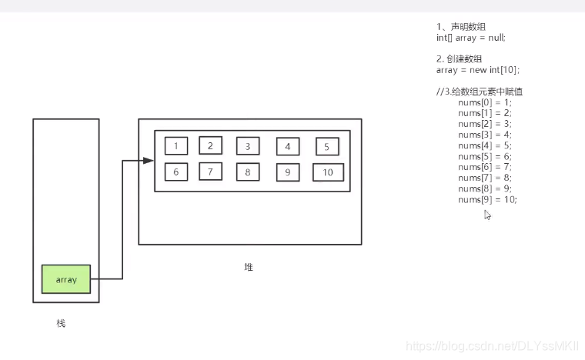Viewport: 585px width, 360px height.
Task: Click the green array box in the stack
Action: tap(66, 279)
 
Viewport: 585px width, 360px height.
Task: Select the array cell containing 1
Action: tap(176, 146)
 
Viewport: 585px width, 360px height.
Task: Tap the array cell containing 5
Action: tap(326, 147)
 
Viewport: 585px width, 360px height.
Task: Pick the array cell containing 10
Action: tap(328, 172)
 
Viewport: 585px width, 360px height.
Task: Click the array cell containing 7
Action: tap(210, 172)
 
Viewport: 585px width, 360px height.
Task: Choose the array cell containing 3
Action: tap(248, 147)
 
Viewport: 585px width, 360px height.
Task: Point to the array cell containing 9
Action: tap(288, 172)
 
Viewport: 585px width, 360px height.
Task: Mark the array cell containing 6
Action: tap(176, 172)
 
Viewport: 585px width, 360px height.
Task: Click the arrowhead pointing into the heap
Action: tap(149, 160)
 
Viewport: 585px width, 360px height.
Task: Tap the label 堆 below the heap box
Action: tap(249, 268)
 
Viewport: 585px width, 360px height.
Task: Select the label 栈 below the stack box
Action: tap(61, 323)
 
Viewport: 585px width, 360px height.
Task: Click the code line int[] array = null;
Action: tap(470, 37)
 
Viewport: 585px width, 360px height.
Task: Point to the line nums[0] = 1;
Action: tap(484, 102)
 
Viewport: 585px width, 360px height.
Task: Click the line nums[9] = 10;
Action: tap(487, 199)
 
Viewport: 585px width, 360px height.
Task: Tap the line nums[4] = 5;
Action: tap(484, 145)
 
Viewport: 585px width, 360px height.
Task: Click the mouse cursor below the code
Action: tap(487, 215)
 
